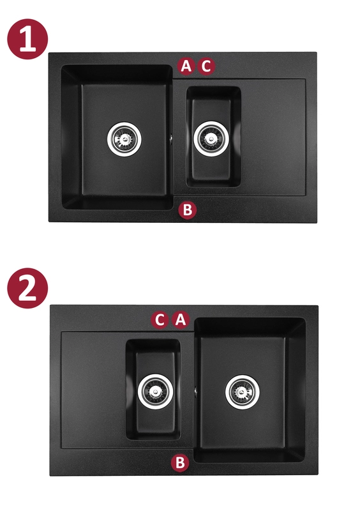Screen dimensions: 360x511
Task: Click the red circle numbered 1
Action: pos(27,39)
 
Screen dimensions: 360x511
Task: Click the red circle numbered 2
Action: pos(27,288)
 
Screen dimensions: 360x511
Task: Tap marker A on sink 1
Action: pos(186,66)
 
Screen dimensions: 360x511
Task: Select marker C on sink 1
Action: pos(206,66)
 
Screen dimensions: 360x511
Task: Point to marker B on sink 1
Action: pos(188,210)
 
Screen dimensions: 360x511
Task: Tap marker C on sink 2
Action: pos(160,320)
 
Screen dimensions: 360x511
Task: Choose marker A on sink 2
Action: pos(181,320)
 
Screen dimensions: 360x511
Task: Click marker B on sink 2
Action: pos(180,462)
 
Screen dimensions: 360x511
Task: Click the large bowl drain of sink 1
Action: pos(124,139)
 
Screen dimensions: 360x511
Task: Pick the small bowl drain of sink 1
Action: pos(211,139)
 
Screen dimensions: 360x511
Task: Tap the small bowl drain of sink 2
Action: pos(155,392)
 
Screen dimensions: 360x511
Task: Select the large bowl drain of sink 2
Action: pos(243,392)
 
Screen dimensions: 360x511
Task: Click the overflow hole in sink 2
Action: pos(195,391)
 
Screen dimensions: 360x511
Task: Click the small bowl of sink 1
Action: pos(213,137)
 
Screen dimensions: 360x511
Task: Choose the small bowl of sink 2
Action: pos(153,389)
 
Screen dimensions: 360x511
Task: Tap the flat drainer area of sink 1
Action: pos(273,137)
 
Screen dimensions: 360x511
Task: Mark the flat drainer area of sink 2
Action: pos(93,390)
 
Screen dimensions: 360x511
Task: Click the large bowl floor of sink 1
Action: pos(123,140)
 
